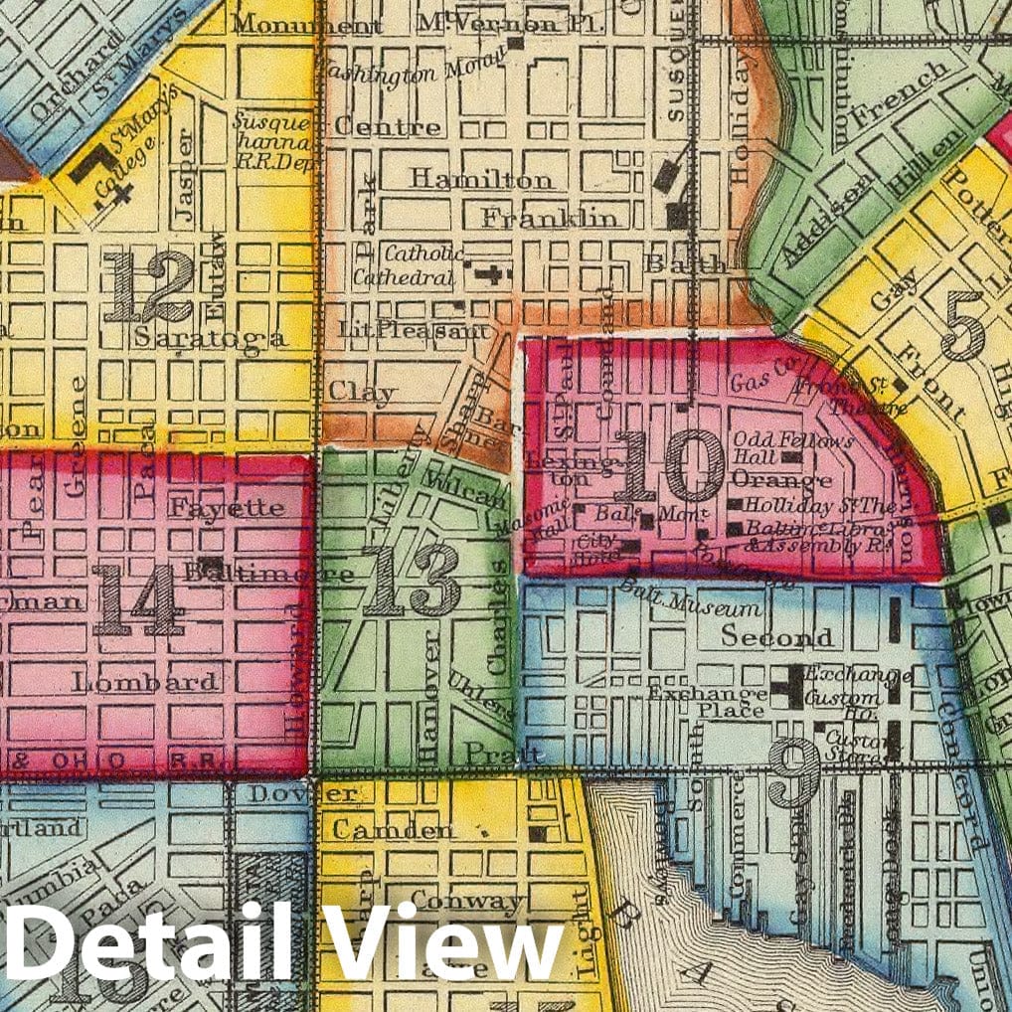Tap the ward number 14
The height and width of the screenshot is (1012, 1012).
coord(138,599)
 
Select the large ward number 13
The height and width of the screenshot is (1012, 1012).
coord(412,580)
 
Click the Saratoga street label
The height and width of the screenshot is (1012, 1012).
coord(211,339)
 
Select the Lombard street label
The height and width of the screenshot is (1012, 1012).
coord(145,682)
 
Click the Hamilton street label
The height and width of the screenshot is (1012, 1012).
coord(482,180)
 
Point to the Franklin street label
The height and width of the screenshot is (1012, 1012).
coord(551,218)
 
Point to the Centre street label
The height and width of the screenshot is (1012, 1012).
coord(387,127)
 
